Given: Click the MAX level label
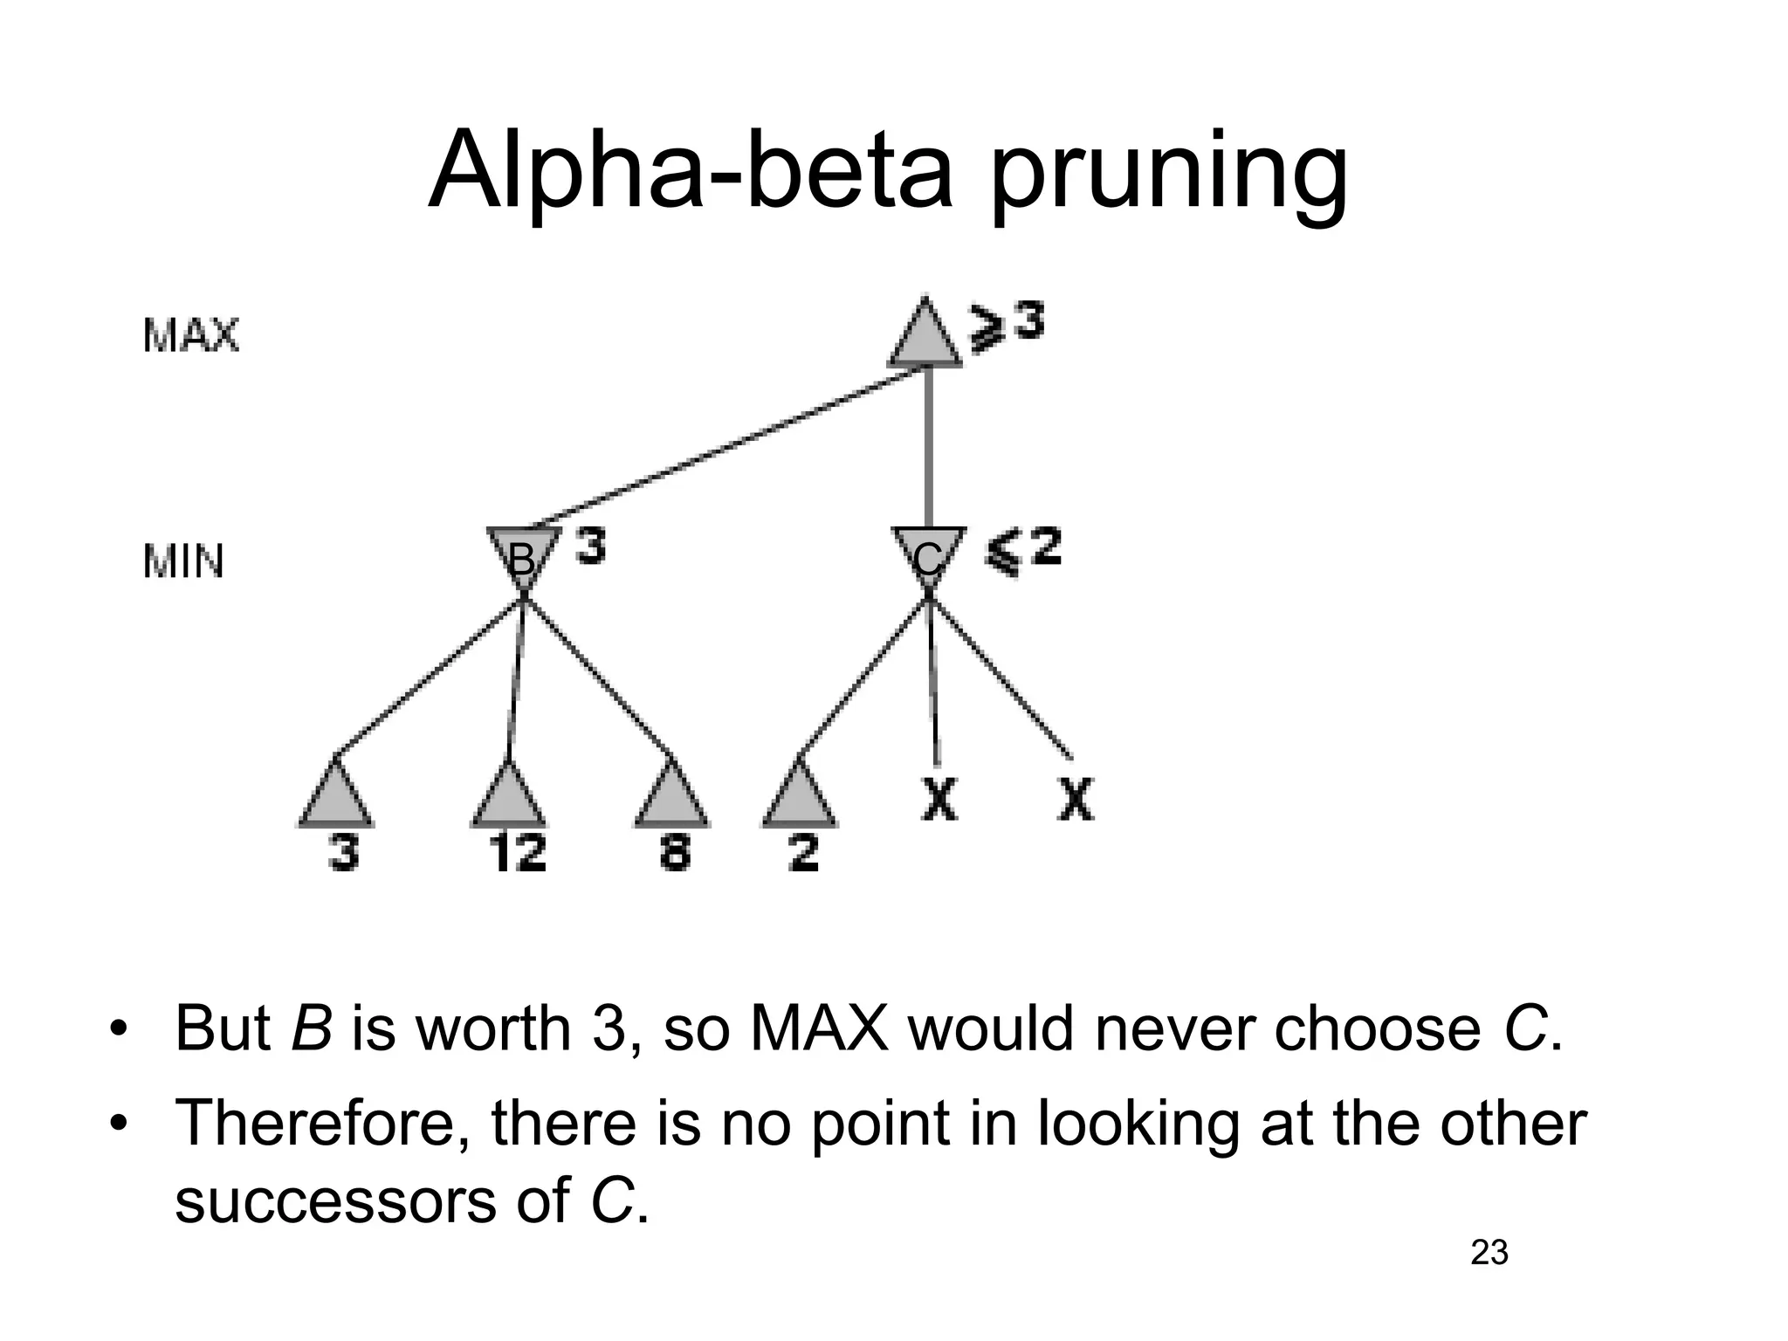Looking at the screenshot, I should tap(190, 335).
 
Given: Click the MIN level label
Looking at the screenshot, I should tap(183, 560).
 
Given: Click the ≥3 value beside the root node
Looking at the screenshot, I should tap(1007, 325).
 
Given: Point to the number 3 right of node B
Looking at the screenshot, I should tap(591, 548).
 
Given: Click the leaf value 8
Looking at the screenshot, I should tap(674, 851).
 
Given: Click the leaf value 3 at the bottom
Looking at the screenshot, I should tap(344, 851).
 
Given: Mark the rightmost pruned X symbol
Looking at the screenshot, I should tap(1076, 799).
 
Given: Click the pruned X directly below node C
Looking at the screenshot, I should tap(939, 799).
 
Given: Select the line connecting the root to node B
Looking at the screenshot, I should tap(725, 447).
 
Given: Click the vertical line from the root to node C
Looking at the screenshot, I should tap(929, 447).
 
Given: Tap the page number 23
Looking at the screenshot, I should tap(1489, 1253).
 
